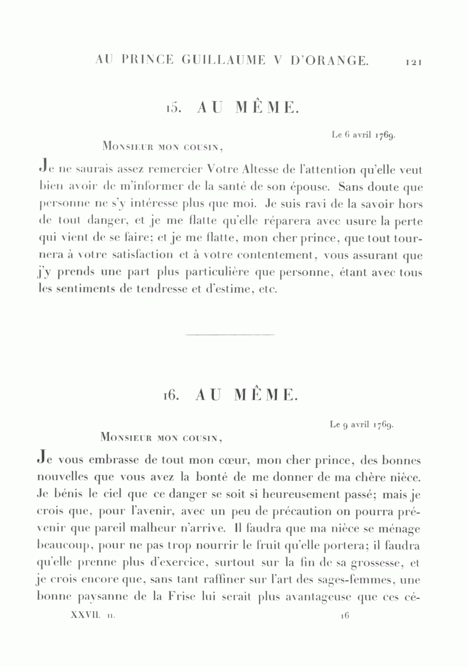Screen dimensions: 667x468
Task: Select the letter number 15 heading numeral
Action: pos(173,109)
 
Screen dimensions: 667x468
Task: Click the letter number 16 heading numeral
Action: pos(172,395)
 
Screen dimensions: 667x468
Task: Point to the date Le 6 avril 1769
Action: pos(364,135)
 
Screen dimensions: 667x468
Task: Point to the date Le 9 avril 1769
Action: pos(362,425)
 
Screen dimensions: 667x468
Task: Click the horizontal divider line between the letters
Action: pos(229,334)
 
